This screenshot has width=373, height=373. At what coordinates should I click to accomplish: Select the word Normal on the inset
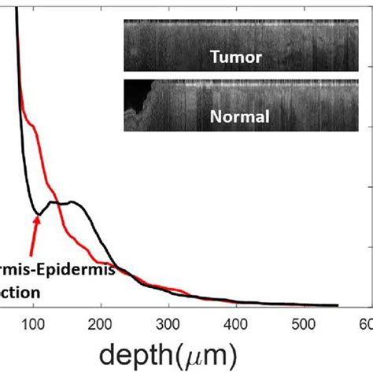240,117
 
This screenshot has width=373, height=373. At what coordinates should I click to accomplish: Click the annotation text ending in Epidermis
57,271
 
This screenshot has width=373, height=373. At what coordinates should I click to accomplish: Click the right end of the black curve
338,305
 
